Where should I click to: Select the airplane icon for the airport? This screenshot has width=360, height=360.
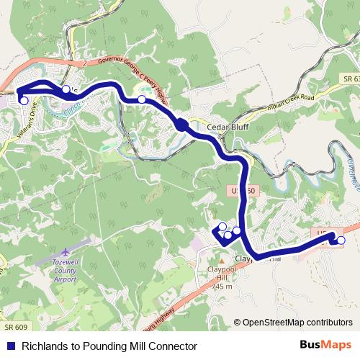tap(66, 251)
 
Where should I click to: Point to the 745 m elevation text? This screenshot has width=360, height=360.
tap(222, 287)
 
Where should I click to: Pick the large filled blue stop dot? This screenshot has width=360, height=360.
tap(181, 126)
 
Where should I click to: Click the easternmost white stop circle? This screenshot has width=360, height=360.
tap(341, 240)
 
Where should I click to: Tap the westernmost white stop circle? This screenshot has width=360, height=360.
tap(24, 101)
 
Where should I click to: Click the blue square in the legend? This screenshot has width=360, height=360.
tap(9, 346)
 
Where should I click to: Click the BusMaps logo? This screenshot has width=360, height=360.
tap(325, 346)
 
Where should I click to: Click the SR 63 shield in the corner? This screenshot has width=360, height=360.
tap(348, 78)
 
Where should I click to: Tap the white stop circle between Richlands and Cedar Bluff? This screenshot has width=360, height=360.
tap(142, 99)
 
